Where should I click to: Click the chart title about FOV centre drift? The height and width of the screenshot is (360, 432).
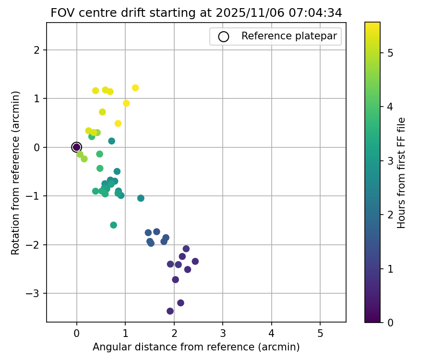tap(196, 13)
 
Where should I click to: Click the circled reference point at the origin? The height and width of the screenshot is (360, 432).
tap(76, 147)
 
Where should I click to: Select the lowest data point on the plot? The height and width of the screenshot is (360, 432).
tap(170, 311)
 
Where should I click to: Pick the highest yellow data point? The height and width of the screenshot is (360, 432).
tap(135, 88)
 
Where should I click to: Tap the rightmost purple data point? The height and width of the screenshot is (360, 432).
tap(195, 261)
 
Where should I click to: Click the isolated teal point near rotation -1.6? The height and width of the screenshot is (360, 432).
tap(113, 225)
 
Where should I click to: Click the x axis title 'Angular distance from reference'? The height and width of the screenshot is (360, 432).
tap(196, 347)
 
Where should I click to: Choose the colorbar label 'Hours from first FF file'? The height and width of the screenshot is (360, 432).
tap(402, 173)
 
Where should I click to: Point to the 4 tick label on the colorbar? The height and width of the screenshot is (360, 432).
tap(390, 107)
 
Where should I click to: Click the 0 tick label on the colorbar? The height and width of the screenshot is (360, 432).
tap(390, 322)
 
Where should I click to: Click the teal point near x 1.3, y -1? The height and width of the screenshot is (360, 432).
tap(141, 198)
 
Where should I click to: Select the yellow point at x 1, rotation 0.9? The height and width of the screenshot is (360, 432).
tap(126, 103)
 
